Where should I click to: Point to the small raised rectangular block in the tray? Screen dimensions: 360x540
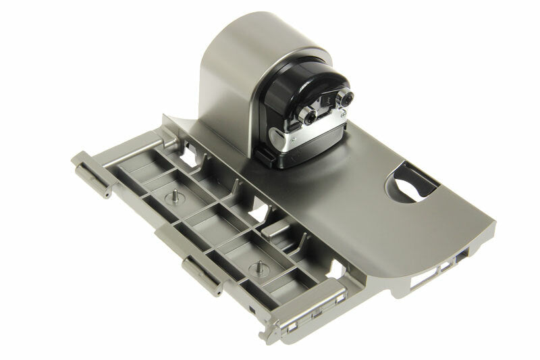click(276, 230)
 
